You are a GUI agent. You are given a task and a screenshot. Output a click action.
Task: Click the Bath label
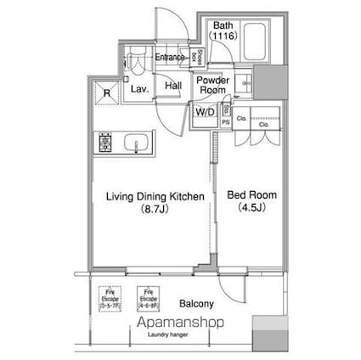[x=224, y=25]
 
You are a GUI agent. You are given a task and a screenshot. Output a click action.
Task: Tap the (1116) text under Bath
[x=224, y=37]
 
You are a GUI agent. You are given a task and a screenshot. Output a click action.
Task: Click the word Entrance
[x=170, y=58]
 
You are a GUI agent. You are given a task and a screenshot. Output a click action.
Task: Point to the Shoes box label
[x=195, y=58]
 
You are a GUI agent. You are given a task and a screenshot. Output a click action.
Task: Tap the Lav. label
[x=137, y=87]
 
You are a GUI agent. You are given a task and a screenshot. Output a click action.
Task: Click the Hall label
[x=172, y=86]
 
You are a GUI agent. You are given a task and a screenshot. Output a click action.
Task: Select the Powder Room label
[x=209, y=85]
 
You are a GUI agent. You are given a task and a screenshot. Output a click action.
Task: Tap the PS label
[x=225, y=121]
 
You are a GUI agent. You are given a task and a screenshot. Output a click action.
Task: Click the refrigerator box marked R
[x=106, y=93]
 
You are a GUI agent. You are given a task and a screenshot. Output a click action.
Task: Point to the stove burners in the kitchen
[x=107, y=140]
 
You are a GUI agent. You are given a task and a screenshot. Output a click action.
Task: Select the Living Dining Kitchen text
[x=154, y=196]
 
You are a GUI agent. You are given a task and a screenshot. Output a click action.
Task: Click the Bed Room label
[x=252, y=195]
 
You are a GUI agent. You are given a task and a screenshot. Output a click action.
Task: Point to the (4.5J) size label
[x=252, y=208]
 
